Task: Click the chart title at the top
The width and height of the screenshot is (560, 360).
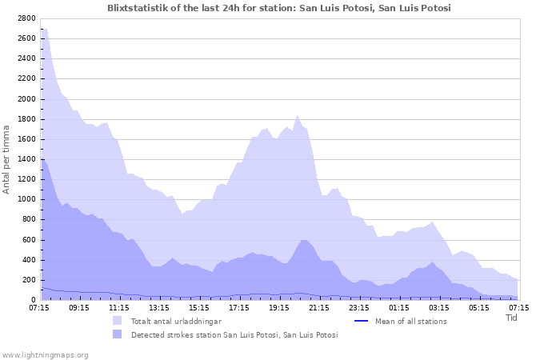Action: tap(279, 8)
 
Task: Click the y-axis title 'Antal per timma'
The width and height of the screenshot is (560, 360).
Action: tap(7, 159)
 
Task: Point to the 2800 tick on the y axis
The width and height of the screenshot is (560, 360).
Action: tap(26, 18)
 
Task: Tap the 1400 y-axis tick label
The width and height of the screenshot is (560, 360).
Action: tap(26, 159)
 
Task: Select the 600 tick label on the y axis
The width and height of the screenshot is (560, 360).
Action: tap(28, 240)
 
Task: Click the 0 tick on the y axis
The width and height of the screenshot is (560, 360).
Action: tap(33, 300)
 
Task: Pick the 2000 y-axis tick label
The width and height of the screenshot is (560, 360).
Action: tap(26, 99)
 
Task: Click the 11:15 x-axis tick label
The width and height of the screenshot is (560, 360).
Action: tap(119, 307)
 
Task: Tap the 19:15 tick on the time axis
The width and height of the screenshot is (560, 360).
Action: tap(279, 307)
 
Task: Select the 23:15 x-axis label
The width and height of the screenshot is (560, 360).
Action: tap(359, 307)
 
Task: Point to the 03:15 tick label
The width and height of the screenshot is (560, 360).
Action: tap(439, 307)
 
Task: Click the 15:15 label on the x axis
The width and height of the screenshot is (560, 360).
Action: tap(199, 307)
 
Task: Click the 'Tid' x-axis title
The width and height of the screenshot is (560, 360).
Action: tap(512, 317)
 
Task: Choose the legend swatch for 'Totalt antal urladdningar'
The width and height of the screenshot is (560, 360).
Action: tap(118, 321)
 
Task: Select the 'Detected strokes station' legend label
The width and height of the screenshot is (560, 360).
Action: tap(234, 335)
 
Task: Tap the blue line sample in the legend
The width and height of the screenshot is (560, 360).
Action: tap(360, 321)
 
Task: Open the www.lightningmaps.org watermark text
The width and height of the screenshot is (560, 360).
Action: tap(46, 354)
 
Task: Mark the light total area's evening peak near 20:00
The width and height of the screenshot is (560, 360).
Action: tap(297, 115)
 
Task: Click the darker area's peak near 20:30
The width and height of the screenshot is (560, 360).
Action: tap(304, 239)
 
